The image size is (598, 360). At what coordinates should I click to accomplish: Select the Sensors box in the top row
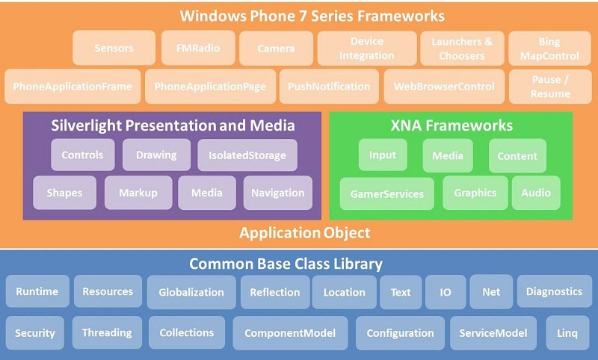point(114,48)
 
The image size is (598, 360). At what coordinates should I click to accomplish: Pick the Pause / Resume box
point(551,87)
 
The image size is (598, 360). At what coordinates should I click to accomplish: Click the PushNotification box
point(329,87)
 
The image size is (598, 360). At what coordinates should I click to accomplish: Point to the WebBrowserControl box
point(443,87)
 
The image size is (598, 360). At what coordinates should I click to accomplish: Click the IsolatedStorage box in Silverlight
point(247,155)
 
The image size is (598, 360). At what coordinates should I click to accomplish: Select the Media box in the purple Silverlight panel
point(207,193)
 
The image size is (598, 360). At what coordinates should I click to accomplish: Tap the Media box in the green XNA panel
point(448,156)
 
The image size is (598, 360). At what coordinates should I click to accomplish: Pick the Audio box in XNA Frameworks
point(536,193)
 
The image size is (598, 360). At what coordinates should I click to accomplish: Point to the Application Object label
point(304,233)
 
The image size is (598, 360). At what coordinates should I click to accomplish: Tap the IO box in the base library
point(444,292)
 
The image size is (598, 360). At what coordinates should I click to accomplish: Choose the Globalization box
point(191,292)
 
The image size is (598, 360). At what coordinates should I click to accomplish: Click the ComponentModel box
point(290,333)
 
